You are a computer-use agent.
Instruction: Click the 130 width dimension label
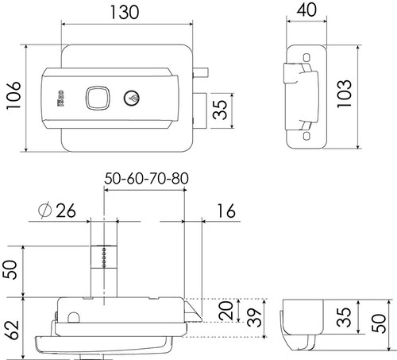pos(124,13)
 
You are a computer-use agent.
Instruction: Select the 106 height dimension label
pos(13,95)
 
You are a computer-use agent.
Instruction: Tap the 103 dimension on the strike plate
pos(345,94)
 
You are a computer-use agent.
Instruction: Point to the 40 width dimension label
pos(306,10)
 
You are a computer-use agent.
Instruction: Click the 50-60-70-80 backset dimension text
pos(146,179)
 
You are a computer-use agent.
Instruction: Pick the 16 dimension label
pos(226,211)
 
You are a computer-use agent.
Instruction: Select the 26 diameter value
pos(66,211)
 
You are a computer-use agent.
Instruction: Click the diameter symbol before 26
pos(44,211)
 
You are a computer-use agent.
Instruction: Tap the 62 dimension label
pos(11,330)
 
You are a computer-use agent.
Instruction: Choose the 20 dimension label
pos(226,310)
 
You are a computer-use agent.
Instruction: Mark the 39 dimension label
pos(254,318)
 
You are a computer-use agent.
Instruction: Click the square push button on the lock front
pos(98,98)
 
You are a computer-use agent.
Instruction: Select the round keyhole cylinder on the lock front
pos(132,98)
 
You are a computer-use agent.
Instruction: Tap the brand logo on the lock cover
pos(60,98)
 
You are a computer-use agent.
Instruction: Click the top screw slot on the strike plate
pos(306,57)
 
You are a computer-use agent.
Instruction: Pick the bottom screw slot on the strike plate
pos(306,136)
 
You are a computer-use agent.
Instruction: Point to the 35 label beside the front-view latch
pos(220,110)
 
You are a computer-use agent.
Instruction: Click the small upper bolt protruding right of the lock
pos(201,72)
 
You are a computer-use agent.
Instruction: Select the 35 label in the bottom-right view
pos(344,317)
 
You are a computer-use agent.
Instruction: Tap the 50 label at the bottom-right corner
pos(379,323)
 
